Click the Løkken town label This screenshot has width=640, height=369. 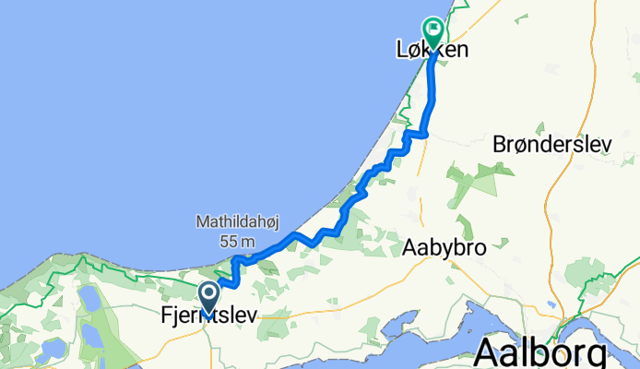426,50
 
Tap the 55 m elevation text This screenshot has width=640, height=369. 218,240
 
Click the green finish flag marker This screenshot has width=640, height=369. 432,28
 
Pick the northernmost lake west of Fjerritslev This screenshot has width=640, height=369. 90,298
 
